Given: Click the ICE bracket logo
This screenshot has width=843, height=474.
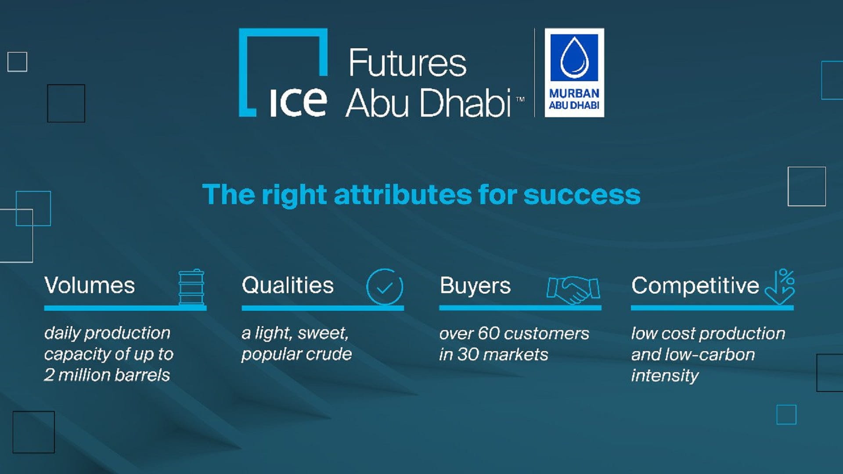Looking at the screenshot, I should (x=283, y=73).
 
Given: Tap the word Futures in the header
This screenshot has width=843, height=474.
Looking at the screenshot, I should (x=407, y=63).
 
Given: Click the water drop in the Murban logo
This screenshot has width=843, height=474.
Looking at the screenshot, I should (x=574, y=57).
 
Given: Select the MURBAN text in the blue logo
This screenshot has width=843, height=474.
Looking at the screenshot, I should (x=574, y=93).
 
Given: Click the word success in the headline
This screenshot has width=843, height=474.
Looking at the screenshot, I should (x=582, y=194).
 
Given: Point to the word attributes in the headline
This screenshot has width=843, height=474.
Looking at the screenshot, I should (x=403, y=194).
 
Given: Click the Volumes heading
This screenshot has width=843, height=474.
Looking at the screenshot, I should (x=90, y=285).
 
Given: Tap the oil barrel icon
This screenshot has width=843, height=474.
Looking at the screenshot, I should (x=191, y=287).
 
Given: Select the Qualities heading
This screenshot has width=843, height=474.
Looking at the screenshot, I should (x=288, y=285).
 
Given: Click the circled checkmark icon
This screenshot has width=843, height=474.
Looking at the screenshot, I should (x=385, y=287).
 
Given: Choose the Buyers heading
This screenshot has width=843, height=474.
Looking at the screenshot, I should (x=475, y=286).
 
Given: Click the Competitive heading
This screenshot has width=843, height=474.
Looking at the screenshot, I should (x=695, y=286).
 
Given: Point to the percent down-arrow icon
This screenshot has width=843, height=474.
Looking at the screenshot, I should (x=780, y=287).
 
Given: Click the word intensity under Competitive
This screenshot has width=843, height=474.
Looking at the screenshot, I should (x=665, y=376).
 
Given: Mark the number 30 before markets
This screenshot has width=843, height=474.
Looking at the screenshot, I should (x=467, y=355).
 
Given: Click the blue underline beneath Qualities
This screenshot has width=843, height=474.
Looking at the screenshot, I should (x=323, y=308).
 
